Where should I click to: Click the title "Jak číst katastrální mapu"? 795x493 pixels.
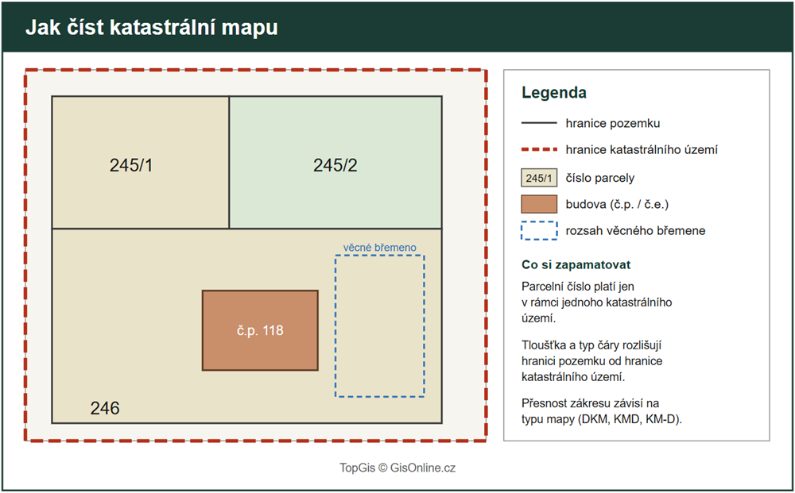pos(152,28)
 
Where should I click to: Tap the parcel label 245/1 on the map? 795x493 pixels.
pos(131,165)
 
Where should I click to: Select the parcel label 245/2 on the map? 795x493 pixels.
pos(335,165)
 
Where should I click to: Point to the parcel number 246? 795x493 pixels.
pos(105,408)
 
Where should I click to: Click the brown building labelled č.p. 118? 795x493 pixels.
pos(260,330)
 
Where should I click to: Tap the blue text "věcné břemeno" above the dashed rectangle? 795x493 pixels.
pos(380,248)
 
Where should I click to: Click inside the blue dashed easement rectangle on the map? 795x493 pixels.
pos(380,326)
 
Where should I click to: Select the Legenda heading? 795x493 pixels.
pos(553,93)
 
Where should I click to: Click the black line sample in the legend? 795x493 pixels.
pos(539,123)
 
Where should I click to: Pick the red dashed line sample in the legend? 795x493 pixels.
pos(539,150)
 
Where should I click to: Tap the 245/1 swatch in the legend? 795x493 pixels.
pos(539,178)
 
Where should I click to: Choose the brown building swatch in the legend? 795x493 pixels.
pos(539,204)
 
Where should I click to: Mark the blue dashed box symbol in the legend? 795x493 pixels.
pos(539,231)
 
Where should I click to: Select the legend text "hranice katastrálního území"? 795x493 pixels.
pos(642,150)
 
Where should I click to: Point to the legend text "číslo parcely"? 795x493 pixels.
pos(600,178)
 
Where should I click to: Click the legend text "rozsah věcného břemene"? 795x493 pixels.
pos(635,231)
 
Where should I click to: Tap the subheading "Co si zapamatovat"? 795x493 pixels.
pos(576,264)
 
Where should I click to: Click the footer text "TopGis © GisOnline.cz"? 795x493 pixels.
pos(397,468)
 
